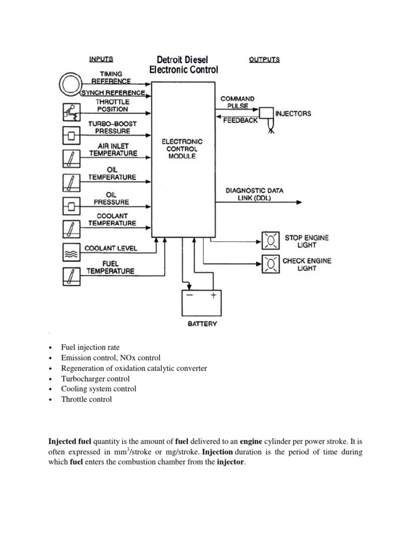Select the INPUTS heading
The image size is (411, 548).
(x=101, y=59)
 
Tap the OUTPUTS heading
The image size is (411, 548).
(x=264, y=60)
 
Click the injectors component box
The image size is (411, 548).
(x=265, y=113)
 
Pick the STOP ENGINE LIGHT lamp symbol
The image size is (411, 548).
(x=270, y=241)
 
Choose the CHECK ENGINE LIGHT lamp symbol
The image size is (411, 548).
(x=270, y=264)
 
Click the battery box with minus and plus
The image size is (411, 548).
(x=200, y=303)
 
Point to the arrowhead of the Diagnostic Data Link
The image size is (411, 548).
(x=300, y=202)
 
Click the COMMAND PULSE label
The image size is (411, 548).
(x=238, y=102)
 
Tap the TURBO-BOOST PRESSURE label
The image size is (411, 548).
(x=112, y=127)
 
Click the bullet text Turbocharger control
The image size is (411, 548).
(x=95, y=379)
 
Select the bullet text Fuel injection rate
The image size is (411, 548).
(x=90, y=348)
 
